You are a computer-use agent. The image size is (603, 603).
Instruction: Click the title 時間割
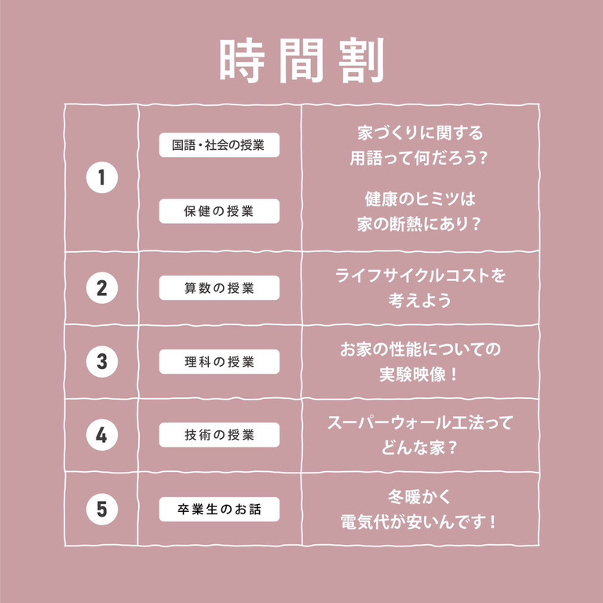pyautogui.click(x=301, y=60)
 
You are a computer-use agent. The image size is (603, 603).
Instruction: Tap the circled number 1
pyautogui.click(x=102, y=177)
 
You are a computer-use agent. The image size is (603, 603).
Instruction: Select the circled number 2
pyautogui.click(x=102, y=287)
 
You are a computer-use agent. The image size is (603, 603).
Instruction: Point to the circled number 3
pyautogui.click(x=102, y=361)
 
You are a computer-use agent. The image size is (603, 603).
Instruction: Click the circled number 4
pyautogui.click(x=102, y=435)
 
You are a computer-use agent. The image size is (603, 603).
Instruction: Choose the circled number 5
pyautogui.click(x=102, y=509)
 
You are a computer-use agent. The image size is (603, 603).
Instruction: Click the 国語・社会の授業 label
pyautogui.click(x=219, y=145)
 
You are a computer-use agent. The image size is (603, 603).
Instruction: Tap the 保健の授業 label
pyautogui.click(x=219, y=211)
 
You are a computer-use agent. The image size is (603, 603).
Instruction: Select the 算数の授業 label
pyautogui.click(x=219, y=287)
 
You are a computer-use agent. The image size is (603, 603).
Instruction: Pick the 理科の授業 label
pyautogui.click(x=219, y=361)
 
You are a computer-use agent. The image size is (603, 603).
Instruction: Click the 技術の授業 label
pyautogui.click(x=219, y=435)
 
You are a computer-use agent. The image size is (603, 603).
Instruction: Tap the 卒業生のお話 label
pyautogui.click(x=219, y=509)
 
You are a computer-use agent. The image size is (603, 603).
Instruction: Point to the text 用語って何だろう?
pyautogui.click(x=418, y=158)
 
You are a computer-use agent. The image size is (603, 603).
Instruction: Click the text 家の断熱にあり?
pyautogui.click(x=418, y=224)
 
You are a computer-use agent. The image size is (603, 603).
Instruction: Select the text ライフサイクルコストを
pyautogui.click(x=420, y=276)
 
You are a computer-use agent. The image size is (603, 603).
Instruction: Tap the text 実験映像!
pyautogui.click(x=418, y=375)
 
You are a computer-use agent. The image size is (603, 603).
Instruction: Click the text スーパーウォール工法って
pyautogui.click(x=420, y=422)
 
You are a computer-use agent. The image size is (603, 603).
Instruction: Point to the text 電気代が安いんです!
pyautogui.click(x=418, y=522)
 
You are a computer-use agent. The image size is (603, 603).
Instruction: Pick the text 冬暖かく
pyautogui.click(x=418, y=497)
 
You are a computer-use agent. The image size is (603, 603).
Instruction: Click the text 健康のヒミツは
pyautogui.click(x=420, y=199)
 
